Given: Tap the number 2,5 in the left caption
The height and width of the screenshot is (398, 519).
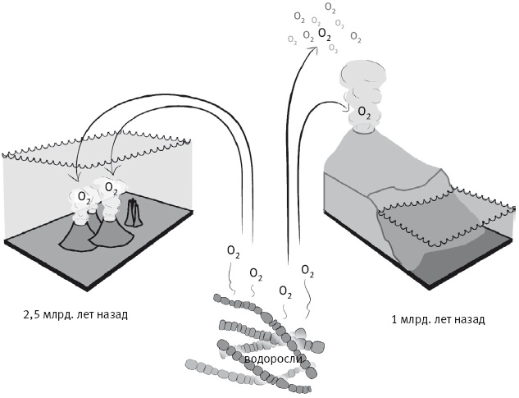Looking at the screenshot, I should click(35, 313).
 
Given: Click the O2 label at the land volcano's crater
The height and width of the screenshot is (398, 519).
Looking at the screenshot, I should click(364, 112).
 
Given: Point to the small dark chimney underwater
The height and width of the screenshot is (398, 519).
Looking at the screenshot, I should click(134, 214).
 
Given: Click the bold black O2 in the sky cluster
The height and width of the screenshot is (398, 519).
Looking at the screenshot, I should click(325, 34).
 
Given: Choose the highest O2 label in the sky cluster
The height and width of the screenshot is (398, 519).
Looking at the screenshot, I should click(330, 7).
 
